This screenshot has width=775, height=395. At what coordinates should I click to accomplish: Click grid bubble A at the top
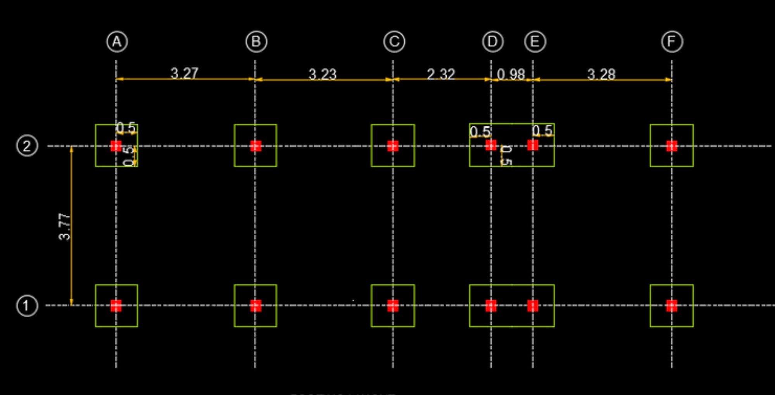(117, 42)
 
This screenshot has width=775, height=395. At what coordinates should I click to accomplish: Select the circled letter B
(256, 42)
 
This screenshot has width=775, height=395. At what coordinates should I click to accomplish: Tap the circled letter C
(394, 42)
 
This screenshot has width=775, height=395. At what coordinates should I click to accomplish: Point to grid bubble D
(493, 42)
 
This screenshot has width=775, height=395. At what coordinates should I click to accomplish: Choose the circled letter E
(535, 42)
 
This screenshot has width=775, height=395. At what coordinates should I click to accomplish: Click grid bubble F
(672, 42)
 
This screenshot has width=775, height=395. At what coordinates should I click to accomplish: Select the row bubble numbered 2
(27, 146)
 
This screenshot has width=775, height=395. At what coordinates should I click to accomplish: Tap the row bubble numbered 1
(27, 306)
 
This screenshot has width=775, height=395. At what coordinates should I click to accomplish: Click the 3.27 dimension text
(185, 73)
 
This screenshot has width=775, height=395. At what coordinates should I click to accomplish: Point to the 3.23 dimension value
(322, 74)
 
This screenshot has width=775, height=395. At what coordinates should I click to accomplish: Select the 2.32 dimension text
(440, 74)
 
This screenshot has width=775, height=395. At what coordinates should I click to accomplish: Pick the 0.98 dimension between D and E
(511, 74)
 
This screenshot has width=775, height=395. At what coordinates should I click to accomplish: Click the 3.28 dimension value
(601, 74)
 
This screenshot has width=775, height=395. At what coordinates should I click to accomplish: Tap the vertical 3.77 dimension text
(65, 227)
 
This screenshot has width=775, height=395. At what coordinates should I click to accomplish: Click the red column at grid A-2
(116, 146)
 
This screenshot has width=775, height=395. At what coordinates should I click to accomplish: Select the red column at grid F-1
(672, 306)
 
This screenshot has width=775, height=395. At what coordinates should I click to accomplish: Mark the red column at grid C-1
(393, 306)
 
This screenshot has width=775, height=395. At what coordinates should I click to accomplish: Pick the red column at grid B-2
(255, 146)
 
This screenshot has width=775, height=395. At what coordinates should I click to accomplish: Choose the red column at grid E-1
(533, 306)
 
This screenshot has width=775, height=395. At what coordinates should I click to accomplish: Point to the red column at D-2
(491, 145)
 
